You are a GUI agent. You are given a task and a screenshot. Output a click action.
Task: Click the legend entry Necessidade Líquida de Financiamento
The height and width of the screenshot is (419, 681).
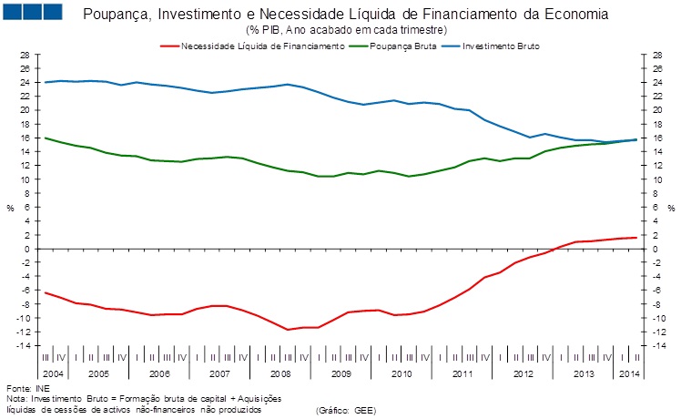pos(263,45)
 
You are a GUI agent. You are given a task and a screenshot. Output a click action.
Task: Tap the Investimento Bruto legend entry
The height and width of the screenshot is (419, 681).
pos(500,45)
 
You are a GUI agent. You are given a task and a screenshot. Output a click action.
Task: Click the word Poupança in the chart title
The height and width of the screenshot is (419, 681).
pos(116,16)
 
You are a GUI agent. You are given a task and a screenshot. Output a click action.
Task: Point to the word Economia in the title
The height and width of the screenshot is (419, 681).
pos(579,16)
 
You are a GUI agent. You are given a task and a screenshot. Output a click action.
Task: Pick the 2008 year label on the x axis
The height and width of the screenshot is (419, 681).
pos(280,373)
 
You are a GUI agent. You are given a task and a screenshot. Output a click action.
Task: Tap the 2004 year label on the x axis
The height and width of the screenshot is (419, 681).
pos(53,373)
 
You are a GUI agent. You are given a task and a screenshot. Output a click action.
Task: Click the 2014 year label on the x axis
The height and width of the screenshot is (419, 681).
pos(626,373)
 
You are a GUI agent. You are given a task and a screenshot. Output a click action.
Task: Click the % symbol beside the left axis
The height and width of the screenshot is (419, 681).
pos(11,208)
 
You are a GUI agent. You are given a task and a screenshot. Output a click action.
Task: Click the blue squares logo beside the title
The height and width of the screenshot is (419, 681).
pos(33,13)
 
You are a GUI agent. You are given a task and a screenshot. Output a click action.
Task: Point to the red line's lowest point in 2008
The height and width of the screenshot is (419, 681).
pos(289,330)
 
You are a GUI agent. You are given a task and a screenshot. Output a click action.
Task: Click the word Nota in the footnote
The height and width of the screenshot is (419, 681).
pos(15,399)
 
